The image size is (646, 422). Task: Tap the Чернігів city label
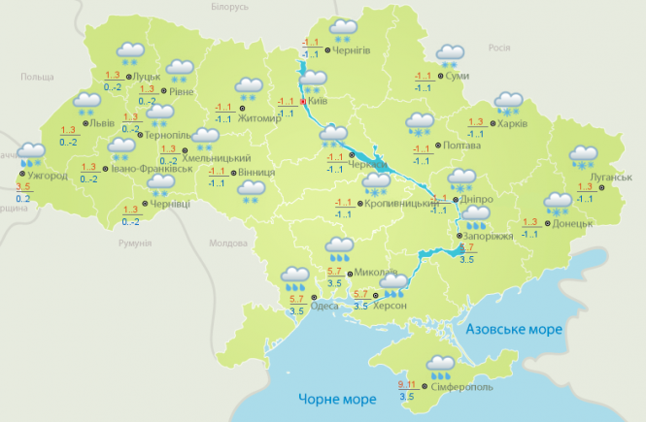click(x=351, y=50)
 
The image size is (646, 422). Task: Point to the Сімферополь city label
click(x=453, y=386)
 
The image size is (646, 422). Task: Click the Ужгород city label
click(x=47, y=176)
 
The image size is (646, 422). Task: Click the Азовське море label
click(x=514, y=330)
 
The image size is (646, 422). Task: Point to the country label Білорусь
click(x=229, y=7)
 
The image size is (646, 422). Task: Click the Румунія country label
click(x=137, y=243)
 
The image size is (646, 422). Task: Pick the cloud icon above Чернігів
click(x=342, y=28)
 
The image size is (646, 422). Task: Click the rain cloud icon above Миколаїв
click(x=340, y=248)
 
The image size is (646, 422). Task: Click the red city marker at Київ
click(x=303, y=101)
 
